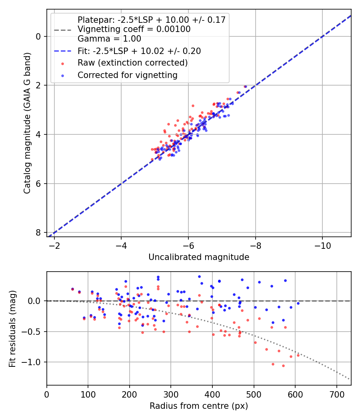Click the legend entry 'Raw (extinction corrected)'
coord(132,63)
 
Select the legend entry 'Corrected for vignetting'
coord(127,75)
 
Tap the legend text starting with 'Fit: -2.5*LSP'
coord(139,51)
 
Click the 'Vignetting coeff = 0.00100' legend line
coord(134,29)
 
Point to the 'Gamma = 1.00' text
coord(109,39)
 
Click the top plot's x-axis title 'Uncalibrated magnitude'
coord(199,257)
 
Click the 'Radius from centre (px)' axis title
coord(199,406)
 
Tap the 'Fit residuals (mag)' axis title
coord(12,328)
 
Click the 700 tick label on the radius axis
coord(336,394)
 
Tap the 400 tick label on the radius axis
coord(212,394)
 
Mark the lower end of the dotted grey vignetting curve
coord(349,379)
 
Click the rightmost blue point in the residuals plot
coord(298,303)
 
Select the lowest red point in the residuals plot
coord(283,366)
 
